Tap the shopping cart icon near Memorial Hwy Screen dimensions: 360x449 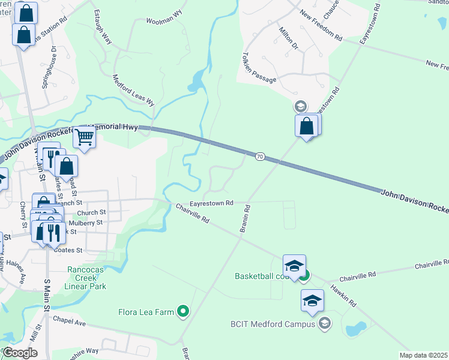click(x=85, y=137)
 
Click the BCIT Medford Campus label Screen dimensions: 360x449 click(x=273, y=324)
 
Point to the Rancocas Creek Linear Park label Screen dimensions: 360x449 click(x=87, y=278)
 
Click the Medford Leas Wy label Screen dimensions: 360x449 click(x=134, y=90)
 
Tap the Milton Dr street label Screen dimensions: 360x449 click(x=288, y=38)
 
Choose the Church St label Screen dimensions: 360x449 click(x=91, y=212)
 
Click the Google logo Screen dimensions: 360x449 click(x=20, y=353)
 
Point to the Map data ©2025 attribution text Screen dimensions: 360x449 click(x=423, y=355)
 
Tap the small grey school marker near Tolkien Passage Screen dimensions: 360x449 click(x=300, y=107)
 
